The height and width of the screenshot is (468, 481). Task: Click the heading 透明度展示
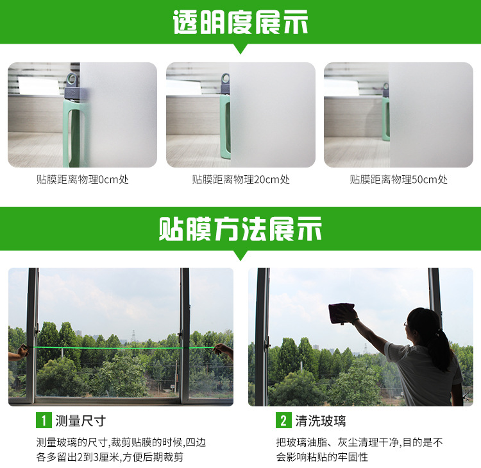[240, 22]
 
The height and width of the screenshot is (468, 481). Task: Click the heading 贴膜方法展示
[240, 229]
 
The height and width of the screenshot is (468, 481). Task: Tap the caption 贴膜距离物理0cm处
[83, 179]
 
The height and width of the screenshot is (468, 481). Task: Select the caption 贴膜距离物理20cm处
[240, 179]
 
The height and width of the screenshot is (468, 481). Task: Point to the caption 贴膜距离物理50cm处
[399, 179]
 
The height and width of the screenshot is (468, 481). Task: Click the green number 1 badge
[44, 420]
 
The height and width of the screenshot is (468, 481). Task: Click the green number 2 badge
[283, 420]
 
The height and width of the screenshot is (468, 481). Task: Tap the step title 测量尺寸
[81, 420]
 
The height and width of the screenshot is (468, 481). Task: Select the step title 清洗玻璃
[321, 420]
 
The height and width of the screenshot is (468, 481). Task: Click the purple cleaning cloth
[341, 313]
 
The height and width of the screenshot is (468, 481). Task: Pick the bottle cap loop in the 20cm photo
[226, 78]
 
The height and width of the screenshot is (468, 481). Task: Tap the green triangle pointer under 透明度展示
[240, 49]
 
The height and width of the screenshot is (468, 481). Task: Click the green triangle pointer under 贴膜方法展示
[240, 256]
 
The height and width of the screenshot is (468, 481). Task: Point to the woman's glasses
[407, 324]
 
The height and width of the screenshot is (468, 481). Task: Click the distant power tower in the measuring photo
[133, 336]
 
